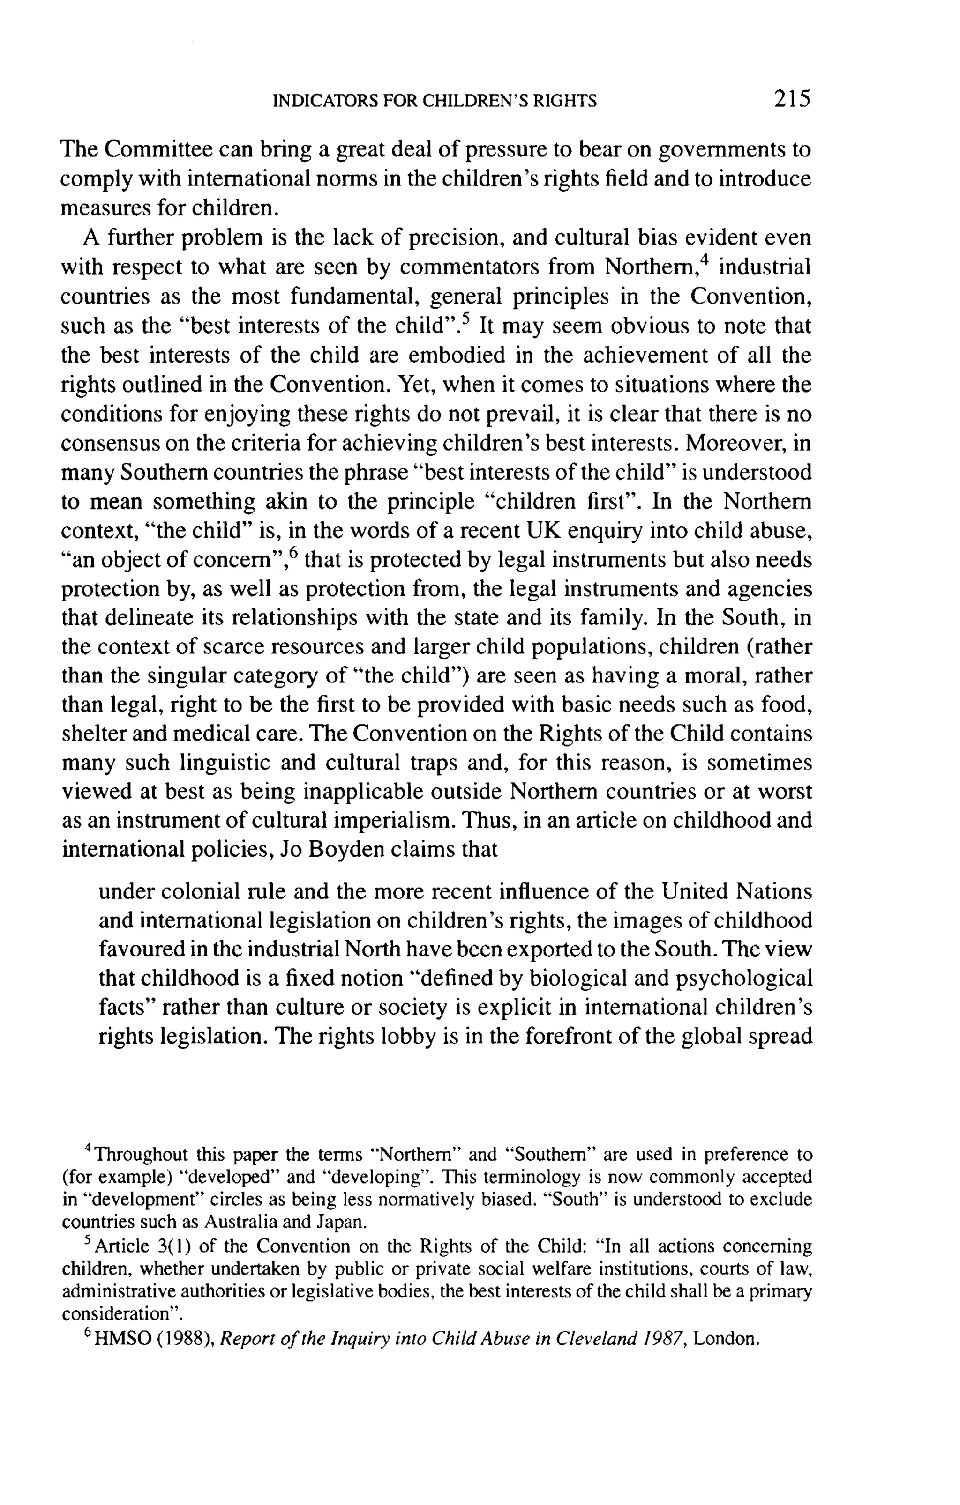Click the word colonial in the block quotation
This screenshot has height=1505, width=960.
pyautogui.click(x=198, y=891)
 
